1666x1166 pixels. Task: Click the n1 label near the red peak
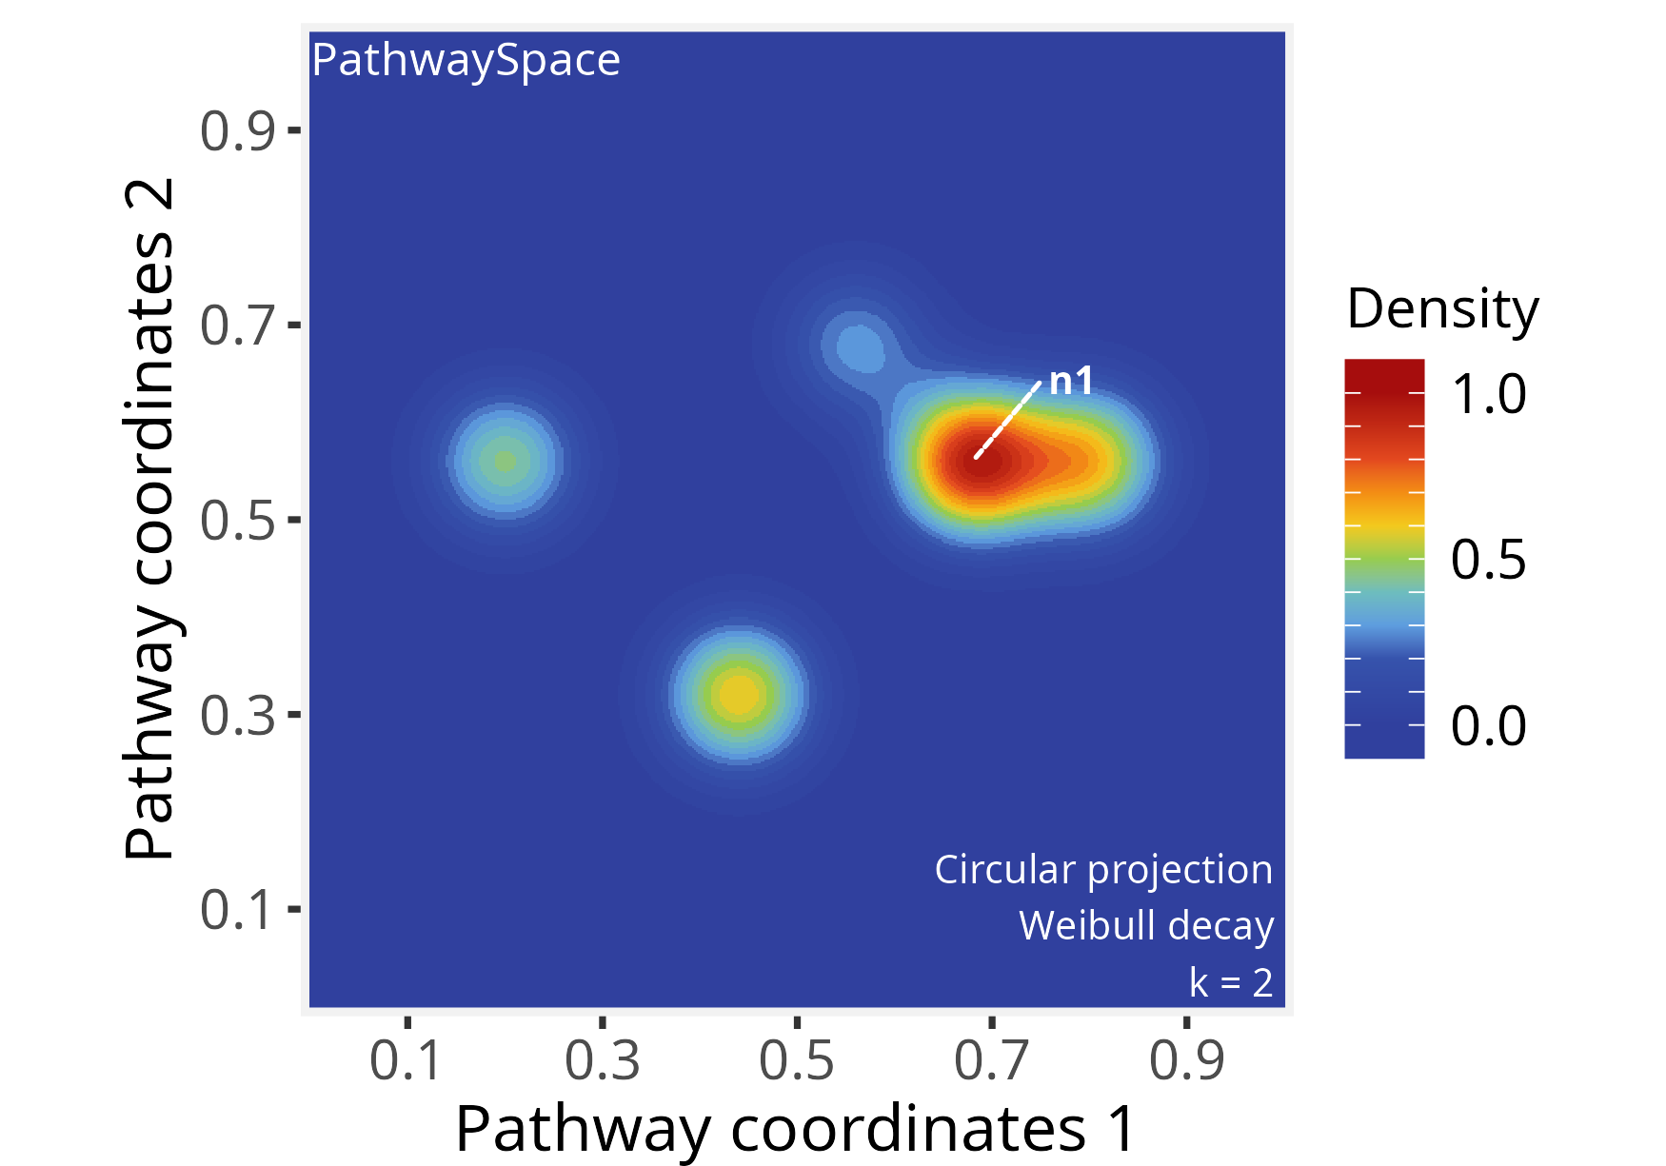(x=1071, y=382)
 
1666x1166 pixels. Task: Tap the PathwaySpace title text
(x=466, y=60)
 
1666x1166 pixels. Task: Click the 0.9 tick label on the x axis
(x=1186, y=1060)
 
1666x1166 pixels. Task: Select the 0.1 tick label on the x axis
(x=407, y=1060)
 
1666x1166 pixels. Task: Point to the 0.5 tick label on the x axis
(x=797, y=1060)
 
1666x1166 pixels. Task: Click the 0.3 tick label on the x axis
(x=602, y=1060)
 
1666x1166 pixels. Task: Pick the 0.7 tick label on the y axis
(x=237, y=325)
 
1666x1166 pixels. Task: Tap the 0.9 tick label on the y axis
(x=237, y=130)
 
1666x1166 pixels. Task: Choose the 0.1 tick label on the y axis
(x=237, y=909)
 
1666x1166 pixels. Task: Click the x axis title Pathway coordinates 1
(x=796, y=1129)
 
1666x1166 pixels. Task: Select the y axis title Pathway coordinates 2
(x=150, y=519)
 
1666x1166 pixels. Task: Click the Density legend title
(x=1442, y=308)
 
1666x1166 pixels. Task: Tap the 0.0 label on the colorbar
(x=1488, y=726)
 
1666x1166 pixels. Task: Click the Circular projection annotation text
(x=1103, y=869)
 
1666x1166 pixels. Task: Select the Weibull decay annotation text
(x=1146, y=925)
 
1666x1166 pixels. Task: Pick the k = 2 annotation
(x=1231, y=982)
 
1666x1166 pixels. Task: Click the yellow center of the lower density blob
(x=739, y=695)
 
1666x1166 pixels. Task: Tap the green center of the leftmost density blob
(x=505, y=462)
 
